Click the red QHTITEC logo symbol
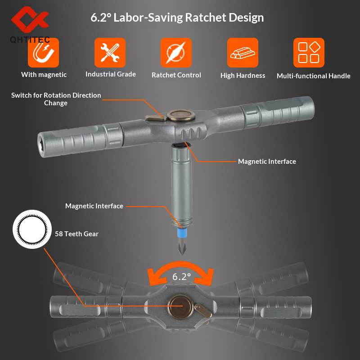[30, 19]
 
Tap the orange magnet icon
[43, 53]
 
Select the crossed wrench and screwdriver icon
[110, 53]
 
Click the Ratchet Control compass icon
[176, 53]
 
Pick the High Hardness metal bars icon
[243, 53]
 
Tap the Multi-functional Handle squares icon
[309, 53]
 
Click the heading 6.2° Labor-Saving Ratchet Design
[177, 18]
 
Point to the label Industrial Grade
[111, 74]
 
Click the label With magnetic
[44, 75]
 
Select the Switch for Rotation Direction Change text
[56, 99]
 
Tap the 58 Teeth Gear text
[76, 234]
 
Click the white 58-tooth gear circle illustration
[32, 229]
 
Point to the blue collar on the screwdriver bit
[182, 233]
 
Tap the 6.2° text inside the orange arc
[182, 276]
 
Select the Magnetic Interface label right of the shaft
[267, 162]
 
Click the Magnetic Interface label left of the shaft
[94, 206]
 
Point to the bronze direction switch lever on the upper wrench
[156, 118]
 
